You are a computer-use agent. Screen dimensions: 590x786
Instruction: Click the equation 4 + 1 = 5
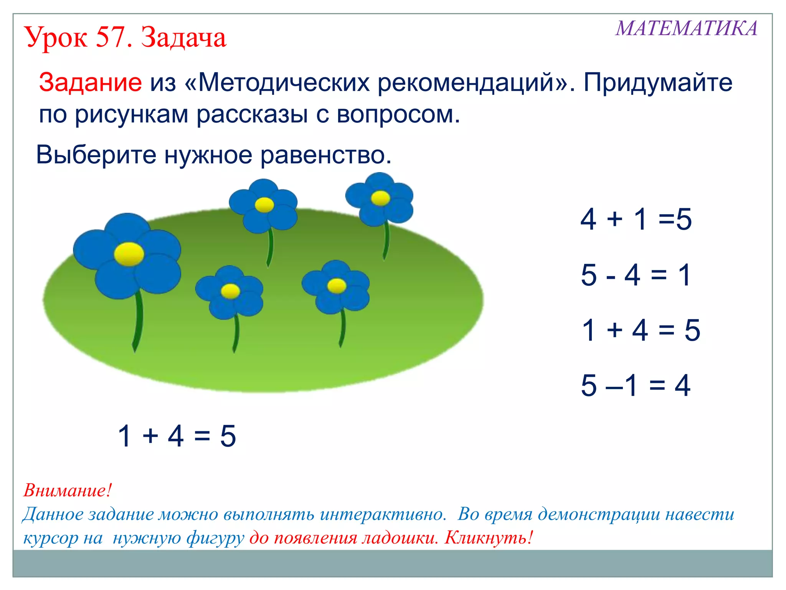pos(636,219)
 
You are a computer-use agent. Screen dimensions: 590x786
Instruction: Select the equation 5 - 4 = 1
pos(636,275)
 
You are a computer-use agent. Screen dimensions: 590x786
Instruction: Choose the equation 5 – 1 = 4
pos(636,385)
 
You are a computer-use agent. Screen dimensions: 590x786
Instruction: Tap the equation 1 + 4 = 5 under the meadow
pos(177,436)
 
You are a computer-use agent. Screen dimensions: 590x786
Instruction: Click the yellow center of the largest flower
pos(129,254)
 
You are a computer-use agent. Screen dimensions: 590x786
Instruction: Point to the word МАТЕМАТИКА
pos(687,29)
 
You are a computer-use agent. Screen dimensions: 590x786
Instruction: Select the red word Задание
pos(91,82)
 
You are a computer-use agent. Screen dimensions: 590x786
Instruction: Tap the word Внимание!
pos(68,490)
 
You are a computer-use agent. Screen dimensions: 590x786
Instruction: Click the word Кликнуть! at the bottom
pos(489,537)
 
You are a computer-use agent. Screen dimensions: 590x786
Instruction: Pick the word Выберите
pos(96,155)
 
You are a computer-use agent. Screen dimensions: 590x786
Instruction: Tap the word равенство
pos(326,155)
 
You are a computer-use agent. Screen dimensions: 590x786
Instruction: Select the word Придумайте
pos(658,82)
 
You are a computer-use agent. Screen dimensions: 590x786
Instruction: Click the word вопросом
pos(398,114)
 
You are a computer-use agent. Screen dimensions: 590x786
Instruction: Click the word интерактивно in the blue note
pos(383,514)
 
